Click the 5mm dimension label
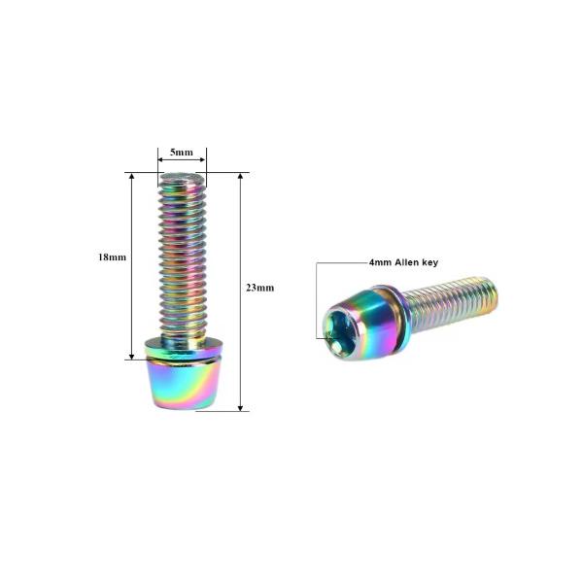coord(182,153)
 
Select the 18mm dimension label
coord(112,257)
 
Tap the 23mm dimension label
coord(259,288)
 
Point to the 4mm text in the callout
coord(380,262)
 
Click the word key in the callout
coord(429,263)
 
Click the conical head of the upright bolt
coord(183,383)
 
